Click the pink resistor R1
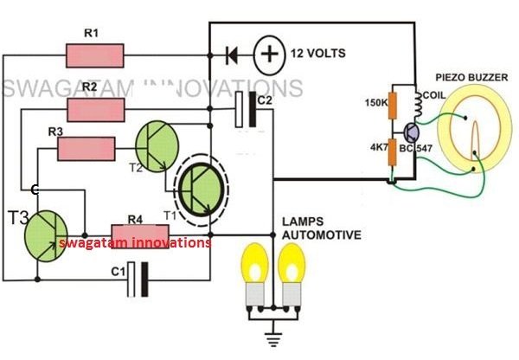(95, 56)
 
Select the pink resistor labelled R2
(96, 110)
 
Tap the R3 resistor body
(86, 149)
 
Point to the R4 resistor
(139, 236)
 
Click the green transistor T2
(157, 146)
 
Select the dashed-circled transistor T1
(202, 190)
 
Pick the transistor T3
(46, 236)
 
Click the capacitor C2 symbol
(246, 110)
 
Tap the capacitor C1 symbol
(138, 280)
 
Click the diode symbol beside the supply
(231, 55)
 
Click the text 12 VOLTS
(318, 54)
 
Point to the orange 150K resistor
(393, 106)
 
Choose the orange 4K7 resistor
(392, 152)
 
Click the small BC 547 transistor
(412, 132)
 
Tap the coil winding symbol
(419, 104)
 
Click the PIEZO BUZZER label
(471, 78)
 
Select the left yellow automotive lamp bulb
(255, 275)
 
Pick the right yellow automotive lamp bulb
(292, 275)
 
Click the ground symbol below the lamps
(273, 337)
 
